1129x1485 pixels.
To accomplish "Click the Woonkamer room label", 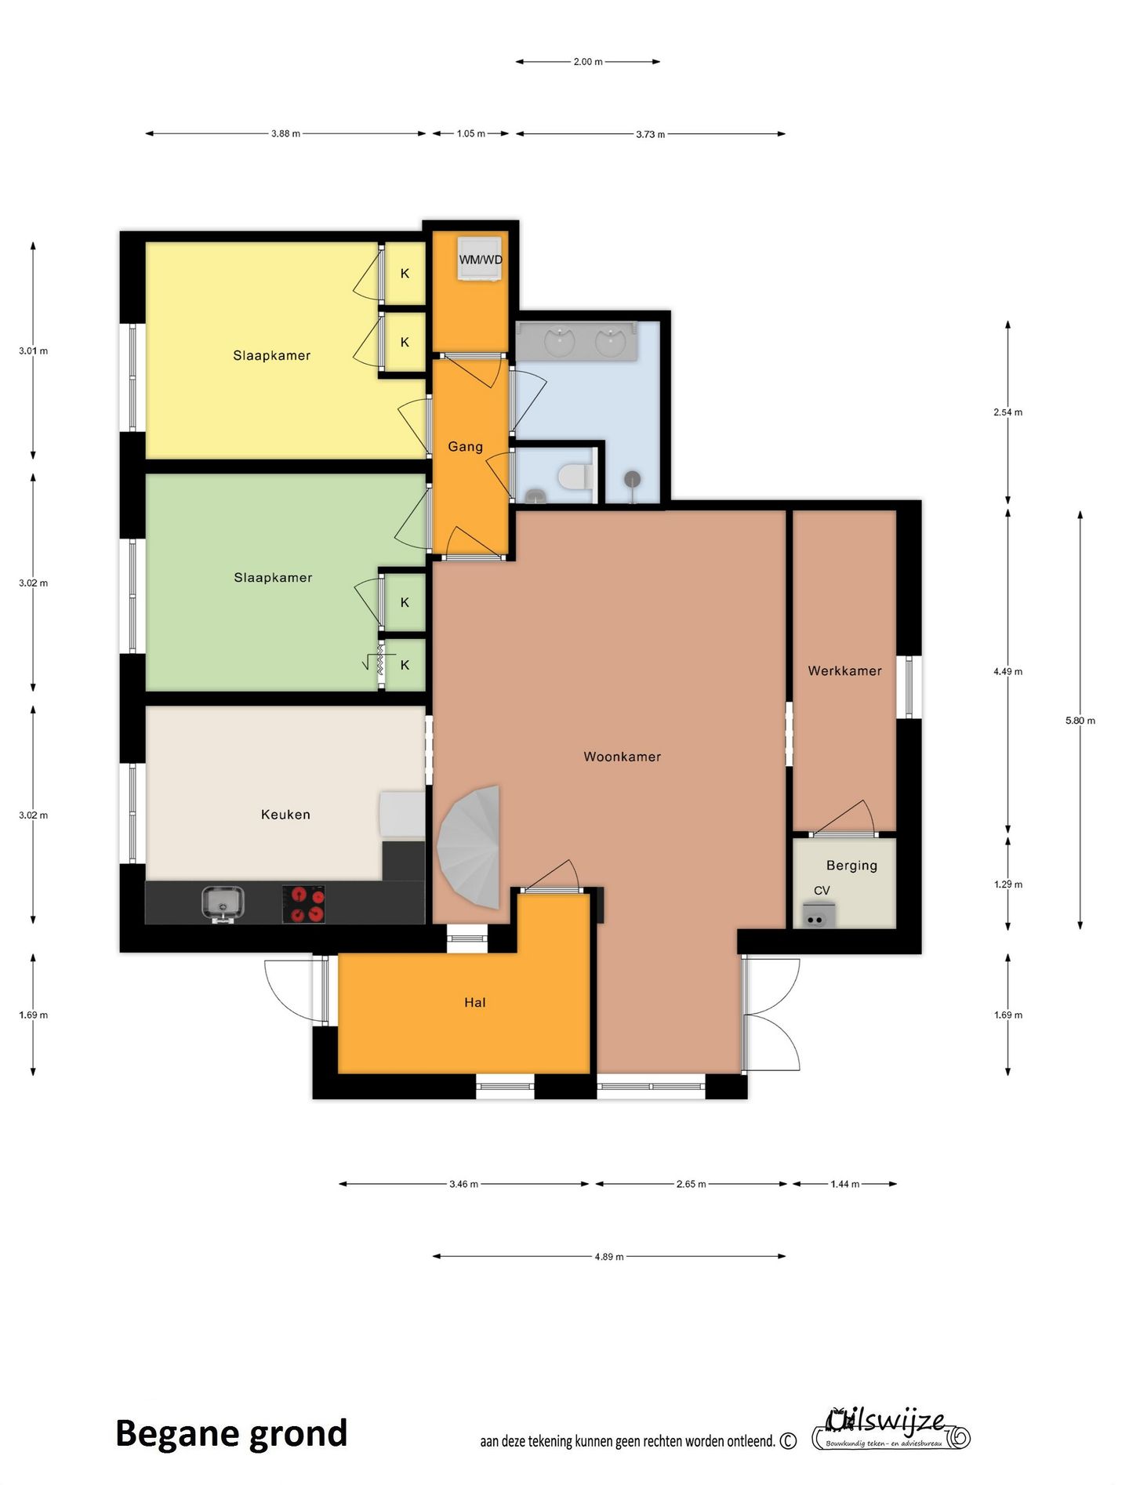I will [622, 757].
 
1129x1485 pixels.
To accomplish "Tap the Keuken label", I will [285, 815].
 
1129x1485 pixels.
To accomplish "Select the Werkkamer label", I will [844, 670].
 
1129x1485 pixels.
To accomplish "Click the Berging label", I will [851, 866].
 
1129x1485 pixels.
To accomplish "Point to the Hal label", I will [475, 1002].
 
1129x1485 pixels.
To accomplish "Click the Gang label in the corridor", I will [465, 446].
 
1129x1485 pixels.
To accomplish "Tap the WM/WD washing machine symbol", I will [480, 258].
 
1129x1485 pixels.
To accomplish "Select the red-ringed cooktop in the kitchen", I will [303, 904].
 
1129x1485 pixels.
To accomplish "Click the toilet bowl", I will [575, 476].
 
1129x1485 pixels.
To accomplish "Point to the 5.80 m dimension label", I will [1080, 721].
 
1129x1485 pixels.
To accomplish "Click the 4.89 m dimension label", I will [608, 1257].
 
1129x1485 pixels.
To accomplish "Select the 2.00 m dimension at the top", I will [587, 61].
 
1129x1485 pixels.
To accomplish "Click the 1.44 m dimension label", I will [844, 1184].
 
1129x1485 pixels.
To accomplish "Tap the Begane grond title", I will [231, 1434].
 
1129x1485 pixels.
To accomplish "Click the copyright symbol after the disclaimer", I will [788, 1441].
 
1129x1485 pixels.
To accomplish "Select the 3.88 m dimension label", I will [285, 133].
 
